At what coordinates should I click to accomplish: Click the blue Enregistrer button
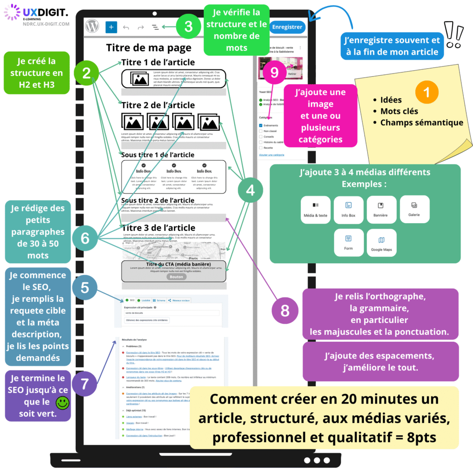287,27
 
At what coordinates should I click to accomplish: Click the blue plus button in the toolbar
111,27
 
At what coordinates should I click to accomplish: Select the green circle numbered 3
188,26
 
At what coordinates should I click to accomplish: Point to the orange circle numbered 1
427,92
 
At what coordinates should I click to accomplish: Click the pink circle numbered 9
274,73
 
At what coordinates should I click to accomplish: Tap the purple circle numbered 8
285,310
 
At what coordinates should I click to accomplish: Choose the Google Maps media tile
382,243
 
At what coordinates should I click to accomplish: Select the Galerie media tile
414,209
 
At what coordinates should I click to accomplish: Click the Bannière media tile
381,209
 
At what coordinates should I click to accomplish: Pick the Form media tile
348,243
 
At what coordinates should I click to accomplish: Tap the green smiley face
62,402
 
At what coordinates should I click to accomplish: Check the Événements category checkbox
261,125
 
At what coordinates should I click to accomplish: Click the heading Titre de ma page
148,48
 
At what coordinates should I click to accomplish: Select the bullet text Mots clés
399,111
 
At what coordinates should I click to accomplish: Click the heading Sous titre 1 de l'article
158,155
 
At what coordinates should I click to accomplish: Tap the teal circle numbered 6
85,238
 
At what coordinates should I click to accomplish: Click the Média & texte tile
315,209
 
